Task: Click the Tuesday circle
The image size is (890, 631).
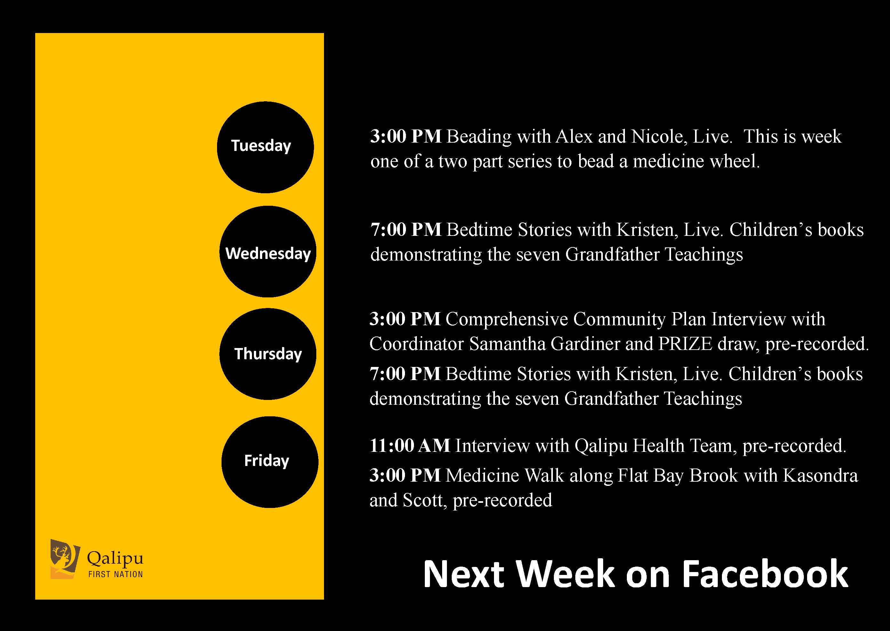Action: click(265, 147)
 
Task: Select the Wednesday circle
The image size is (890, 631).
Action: click(268, 251)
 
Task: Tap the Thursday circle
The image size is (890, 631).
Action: click(268, 354)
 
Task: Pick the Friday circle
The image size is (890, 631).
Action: click(270, 462)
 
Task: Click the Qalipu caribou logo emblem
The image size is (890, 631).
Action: click(65, 559)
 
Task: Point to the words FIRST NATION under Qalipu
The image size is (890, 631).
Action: click(116, 574)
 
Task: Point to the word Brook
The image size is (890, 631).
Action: click(713, 476)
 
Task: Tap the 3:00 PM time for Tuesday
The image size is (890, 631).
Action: click(406, 137)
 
